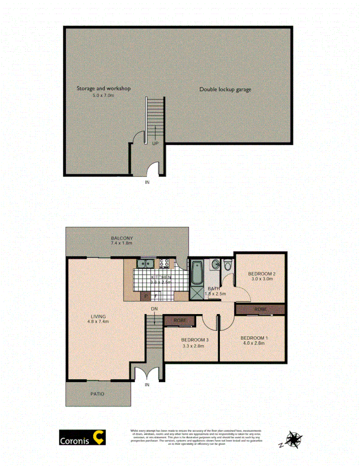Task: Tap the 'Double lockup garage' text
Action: point(225,89)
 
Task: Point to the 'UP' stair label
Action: point(156,143)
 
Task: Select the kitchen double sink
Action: point(145,263)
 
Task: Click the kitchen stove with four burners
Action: point(164,263)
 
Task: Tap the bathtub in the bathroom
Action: point(196,272)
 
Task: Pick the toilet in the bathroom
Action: point(227,264)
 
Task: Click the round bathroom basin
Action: point(215,263)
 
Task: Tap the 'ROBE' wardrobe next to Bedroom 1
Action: point(260,309)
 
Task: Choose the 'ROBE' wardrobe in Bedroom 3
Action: point(180,320)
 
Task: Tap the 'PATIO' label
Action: point(97,394)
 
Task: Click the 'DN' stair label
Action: point(154,309)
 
